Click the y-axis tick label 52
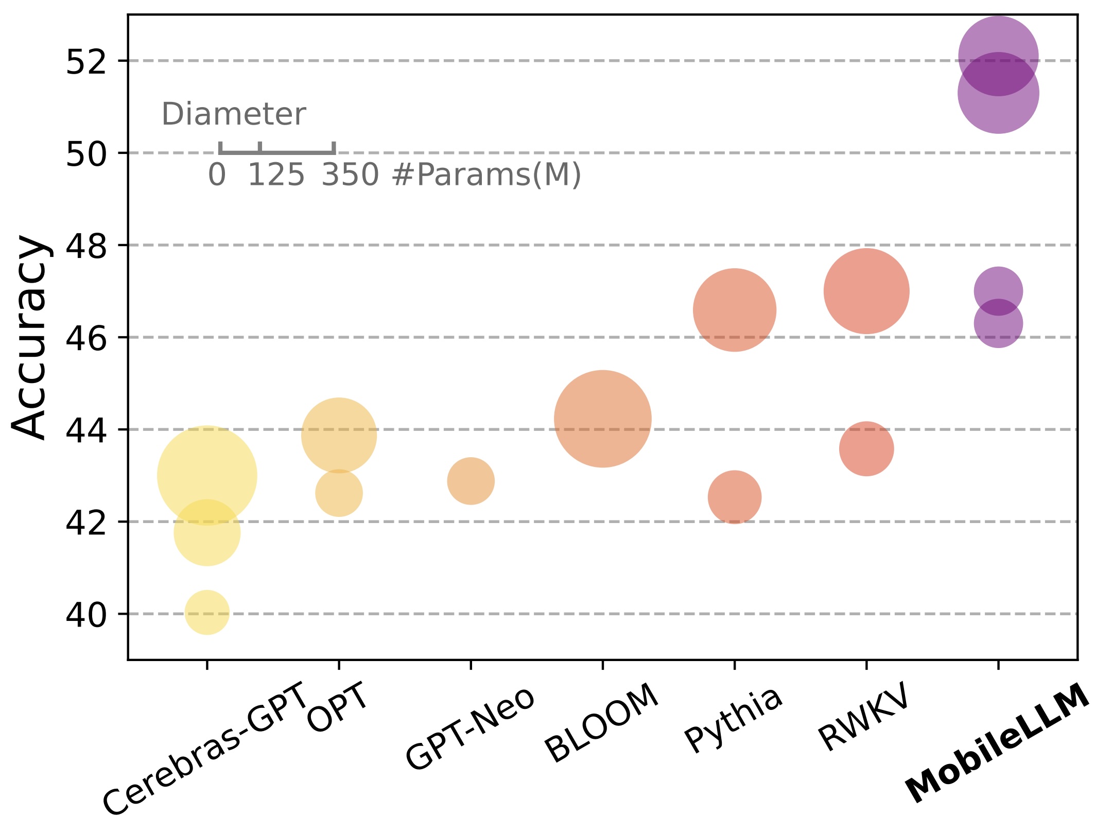(x=85, y=62)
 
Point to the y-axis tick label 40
(x=85, y=615)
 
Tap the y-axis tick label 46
(x=85, y=338)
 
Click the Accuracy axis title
(x=31, y=337)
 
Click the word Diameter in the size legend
(x=234, y=114)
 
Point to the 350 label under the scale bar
(x=350, y=175)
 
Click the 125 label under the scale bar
(x=276, y=175)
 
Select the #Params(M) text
(x=486, y=175)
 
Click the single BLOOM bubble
(x=602, y=419)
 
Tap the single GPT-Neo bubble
(x=471, y=481)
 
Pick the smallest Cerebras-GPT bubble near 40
(x=206, y=612)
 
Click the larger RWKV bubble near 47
(x=866, y=291)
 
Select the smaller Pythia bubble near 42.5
(x=735, y=497)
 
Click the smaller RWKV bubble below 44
(x=866, y=448)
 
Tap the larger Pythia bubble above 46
(x=735, y=310)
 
